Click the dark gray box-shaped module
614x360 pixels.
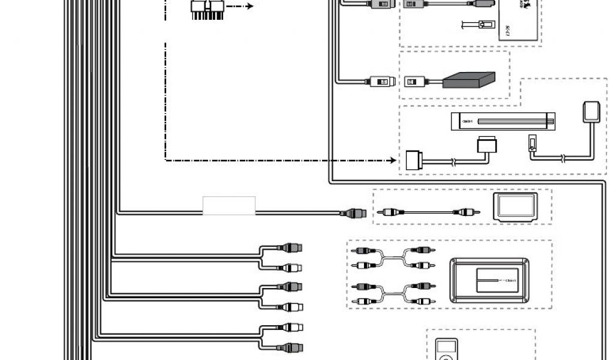pos(469,80)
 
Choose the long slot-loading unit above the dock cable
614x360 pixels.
pos(502,122)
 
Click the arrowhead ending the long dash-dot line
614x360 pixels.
pos(393,160)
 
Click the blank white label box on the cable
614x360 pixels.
pos(229,205)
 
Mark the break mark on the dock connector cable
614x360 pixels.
pos(453,161)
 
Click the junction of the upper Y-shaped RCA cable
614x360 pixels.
pos(393,256)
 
